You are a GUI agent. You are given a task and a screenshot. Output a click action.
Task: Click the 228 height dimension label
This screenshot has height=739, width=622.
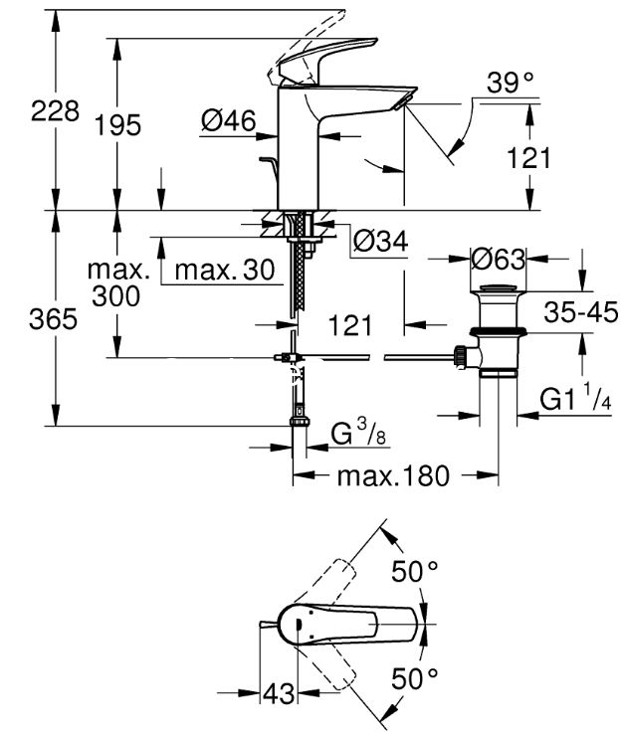55,111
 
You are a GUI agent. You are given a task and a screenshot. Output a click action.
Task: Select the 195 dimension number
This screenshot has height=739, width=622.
117,125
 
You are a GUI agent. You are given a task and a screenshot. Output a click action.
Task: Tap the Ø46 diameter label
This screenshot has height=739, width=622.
228,120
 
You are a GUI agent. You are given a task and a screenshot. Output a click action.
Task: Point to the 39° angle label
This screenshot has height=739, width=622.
510,83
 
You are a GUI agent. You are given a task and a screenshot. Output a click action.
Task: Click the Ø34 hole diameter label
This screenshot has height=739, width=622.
380,242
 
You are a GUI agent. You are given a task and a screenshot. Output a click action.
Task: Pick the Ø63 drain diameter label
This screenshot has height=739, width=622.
499,259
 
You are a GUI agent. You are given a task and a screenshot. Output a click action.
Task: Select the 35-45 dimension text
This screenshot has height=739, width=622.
580,312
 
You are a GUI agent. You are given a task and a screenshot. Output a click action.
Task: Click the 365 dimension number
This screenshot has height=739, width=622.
53,319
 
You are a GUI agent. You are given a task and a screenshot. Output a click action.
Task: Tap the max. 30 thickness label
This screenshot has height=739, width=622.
225,271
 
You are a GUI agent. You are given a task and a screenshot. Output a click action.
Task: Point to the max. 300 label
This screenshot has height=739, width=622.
117,282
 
